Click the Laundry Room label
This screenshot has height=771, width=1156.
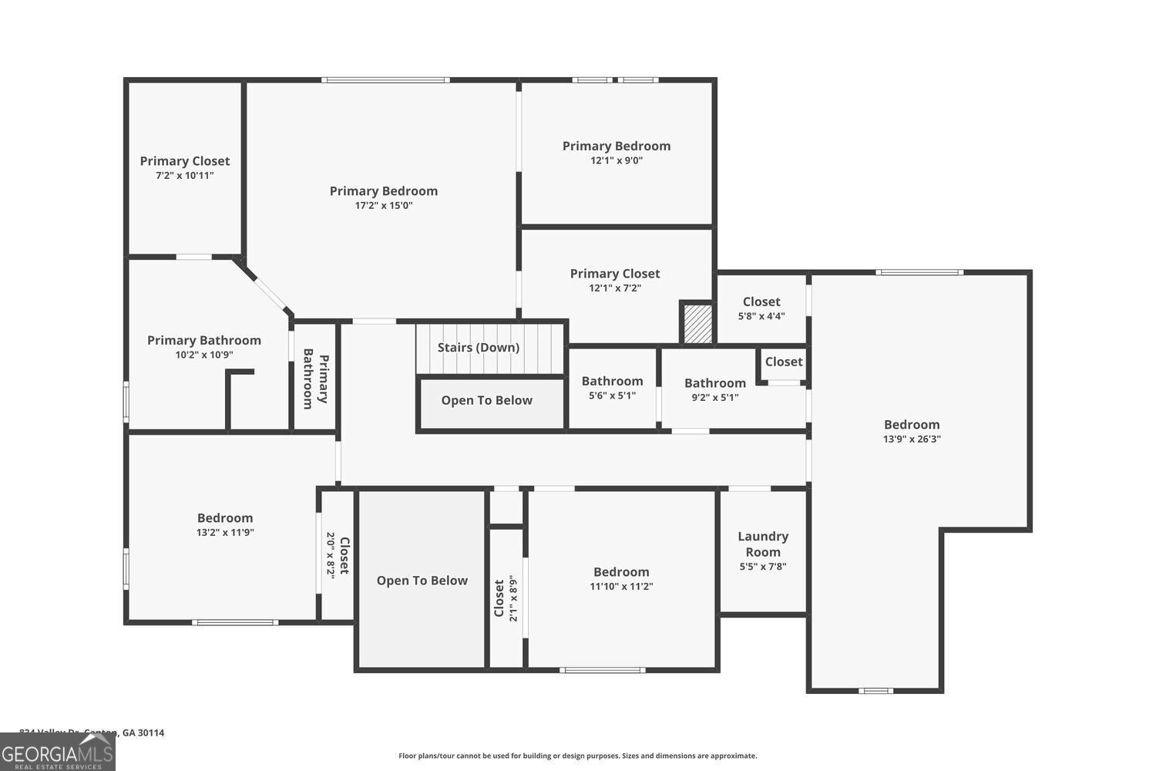pos(762,544)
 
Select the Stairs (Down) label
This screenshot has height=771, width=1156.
pos(479,348)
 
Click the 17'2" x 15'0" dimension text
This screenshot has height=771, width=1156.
pos(384,206)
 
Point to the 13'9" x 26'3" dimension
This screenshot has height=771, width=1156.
pos(912,439)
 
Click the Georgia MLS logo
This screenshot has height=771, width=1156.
pos(57,752)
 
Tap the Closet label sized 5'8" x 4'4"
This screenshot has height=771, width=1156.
pos(761,302)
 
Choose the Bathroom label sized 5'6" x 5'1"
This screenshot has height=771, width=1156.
pos(612,381)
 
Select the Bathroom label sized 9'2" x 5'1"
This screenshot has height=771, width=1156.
pos(714,383)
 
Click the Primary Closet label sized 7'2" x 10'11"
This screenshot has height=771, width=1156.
pos(184,161)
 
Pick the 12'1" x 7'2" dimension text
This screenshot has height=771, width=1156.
pos(615,288)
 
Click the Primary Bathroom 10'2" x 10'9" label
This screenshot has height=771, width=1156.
pos(203,341)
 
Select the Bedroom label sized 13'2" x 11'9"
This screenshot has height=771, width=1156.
pos(224,518)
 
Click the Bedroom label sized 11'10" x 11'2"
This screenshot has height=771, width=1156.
pos(621,572)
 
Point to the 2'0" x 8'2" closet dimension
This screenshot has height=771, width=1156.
pos(331,555)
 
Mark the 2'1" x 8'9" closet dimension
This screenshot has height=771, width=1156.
pos(513,598)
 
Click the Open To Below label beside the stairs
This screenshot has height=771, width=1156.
pos(486,401)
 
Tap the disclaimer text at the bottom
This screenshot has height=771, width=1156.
pos(577,756)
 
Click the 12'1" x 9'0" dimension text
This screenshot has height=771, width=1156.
pos(617,161)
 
